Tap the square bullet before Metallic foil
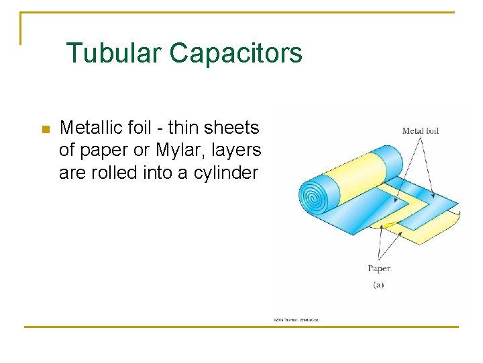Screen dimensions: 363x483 coord(46,129)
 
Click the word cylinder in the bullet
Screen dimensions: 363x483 coord(225,173)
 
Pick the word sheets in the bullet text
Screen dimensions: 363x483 coord(232,127)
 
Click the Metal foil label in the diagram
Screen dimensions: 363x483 coord(420,130)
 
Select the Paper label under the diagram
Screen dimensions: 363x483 coord(379,268)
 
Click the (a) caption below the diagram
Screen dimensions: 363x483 coord(378,284)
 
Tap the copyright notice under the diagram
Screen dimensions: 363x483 coord(295,319)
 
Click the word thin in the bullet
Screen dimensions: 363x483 coord(183,127)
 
